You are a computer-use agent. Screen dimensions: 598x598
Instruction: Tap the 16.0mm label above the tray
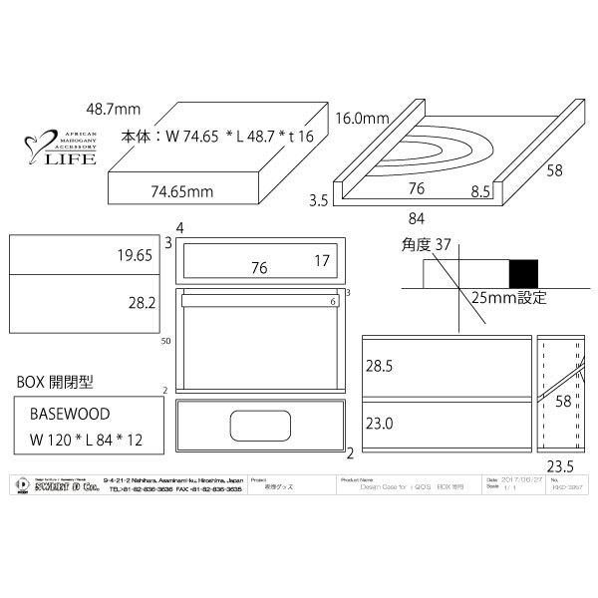[x=363, y=118]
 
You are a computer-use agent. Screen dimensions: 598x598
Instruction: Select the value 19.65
[x=135, y=256]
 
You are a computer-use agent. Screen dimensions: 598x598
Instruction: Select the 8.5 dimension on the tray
[x=480, y=186]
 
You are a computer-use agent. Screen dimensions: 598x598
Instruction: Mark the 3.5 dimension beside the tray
[x=319, y=200]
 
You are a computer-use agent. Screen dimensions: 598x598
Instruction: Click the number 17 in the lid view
[x=320, y=261]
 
